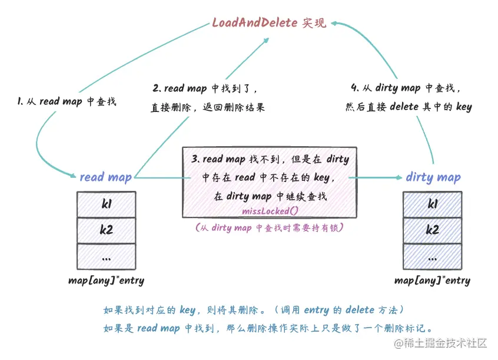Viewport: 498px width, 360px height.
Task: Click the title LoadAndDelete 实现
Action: coord(268,24)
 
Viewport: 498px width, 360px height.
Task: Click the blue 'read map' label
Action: coord(105,177)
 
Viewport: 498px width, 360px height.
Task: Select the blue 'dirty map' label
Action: coord(433,177)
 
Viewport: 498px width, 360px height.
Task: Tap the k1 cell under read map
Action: coord(107,204)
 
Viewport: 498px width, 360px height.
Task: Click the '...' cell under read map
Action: coord(107,256)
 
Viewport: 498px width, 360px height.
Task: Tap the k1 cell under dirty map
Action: coord(433,204)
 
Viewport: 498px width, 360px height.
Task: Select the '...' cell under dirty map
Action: coord(433,256)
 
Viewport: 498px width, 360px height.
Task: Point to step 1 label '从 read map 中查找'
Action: coord(67,101)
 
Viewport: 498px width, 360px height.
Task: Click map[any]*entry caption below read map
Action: coord(106,280)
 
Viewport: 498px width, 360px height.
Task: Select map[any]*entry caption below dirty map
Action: coord(432,280)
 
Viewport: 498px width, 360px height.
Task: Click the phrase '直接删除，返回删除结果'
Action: coord(207,108)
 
